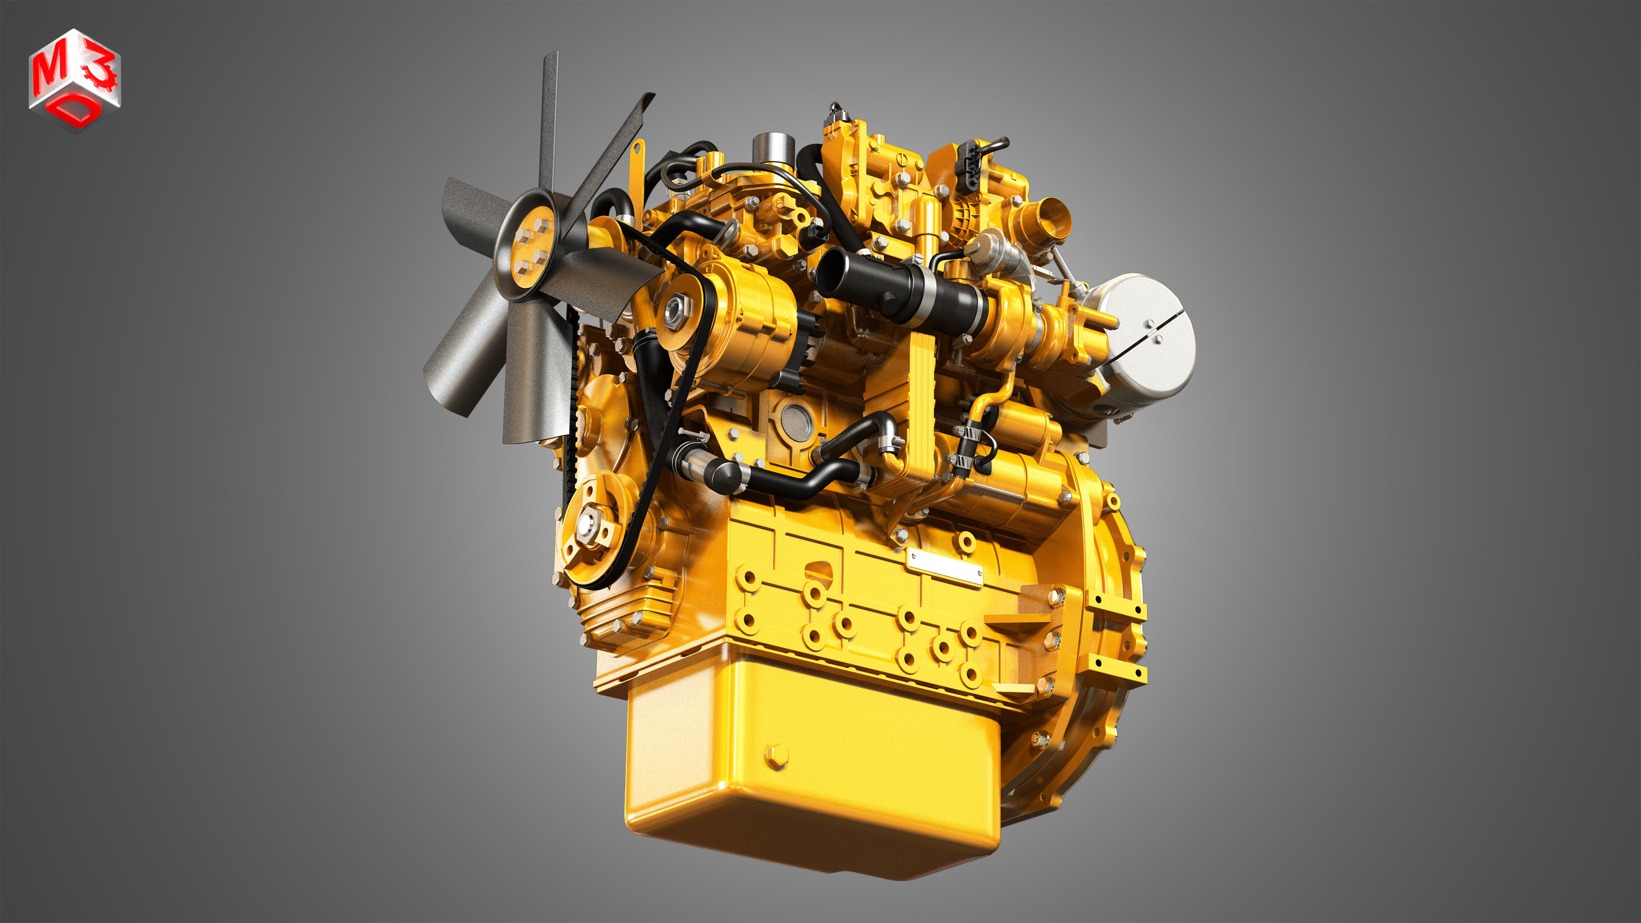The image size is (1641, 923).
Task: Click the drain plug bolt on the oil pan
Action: [776, 756]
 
